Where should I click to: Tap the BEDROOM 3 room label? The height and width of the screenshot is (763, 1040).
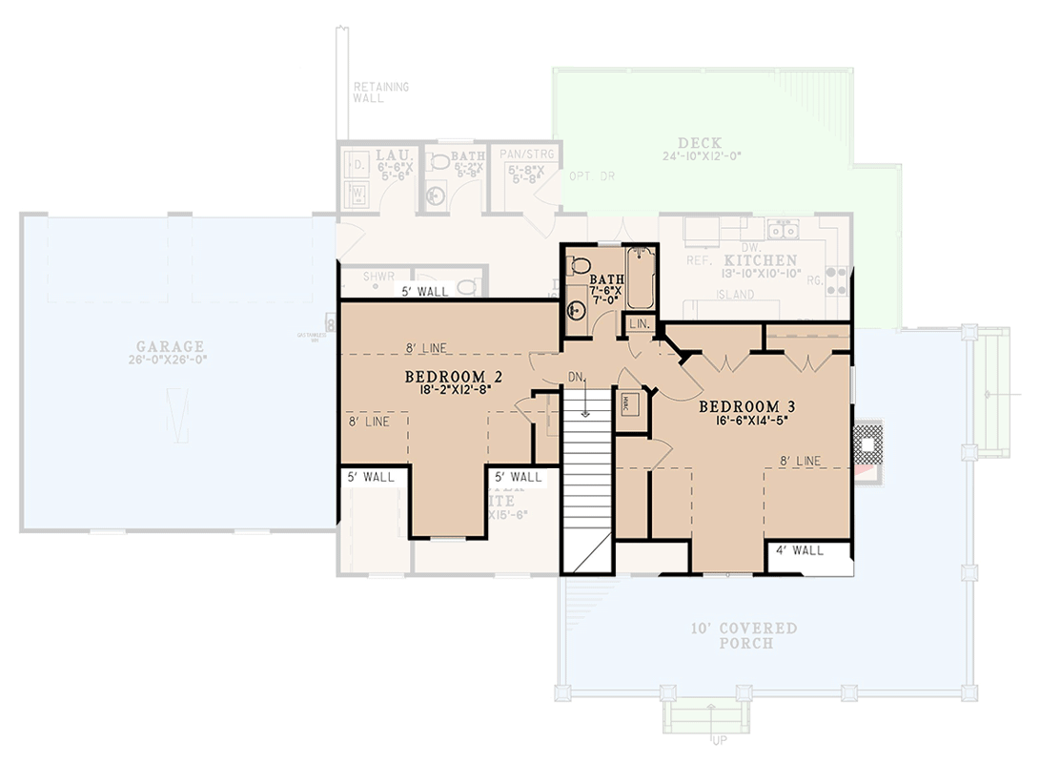[x=747, y=407]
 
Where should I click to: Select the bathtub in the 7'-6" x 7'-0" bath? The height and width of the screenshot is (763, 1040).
[x=640, y=277]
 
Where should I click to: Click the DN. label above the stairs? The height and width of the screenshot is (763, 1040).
[x=576, y=375]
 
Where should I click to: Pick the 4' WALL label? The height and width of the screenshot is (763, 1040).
[x=799, y=550]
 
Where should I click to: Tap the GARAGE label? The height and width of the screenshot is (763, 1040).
[x=169, y=346]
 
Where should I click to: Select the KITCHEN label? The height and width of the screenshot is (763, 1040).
[x=759, y=259]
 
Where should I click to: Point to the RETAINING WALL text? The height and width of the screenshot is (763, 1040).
[x=380, y=93]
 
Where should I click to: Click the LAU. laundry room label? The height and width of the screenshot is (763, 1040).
[x=392, y=155]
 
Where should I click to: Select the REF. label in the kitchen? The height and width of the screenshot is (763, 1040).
[x=701, y=259]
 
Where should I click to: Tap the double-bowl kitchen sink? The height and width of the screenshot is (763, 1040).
[x=785, y=230]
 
